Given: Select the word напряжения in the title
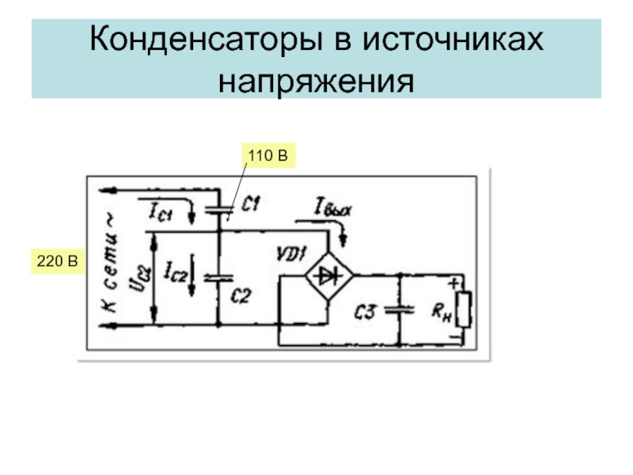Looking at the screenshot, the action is [x=316, y=79].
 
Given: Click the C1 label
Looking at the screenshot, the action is [x=251, y=205].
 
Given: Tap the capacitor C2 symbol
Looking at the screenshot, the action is [x=217, y=278].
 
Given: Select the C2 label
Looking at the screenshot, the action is [x=240, y=296].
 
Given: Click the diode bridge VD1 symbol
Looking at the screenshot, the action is [x=328, y=275].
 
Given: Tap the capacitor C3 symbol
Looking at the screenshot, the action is [x=400, y=310].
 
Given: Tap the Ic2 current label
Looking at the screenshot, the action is [x=175, y=273].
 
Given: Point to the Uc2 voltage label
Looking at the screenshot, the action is [x=134, y=277].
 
